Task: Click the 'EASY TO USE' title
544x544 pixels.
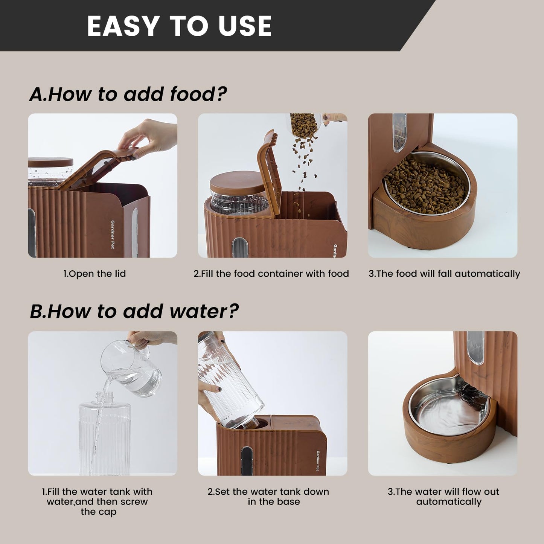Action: point(179,26)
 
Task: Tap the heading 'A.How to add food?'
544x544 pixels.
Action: point(128,94)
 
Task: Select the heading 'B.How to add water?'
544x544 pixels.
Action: point(134,311)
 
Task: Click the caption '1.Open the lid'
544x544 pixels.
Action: point(94,274)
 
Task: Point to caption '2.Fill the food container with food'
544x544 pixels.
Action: point(271,274)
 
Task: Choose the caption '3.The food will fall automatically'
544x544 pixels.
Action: point(444,274)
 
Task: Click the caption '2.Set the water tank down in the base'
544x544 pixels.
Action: point(268,497)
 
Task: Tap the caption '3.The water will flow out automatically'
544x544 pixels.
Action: point(443,497)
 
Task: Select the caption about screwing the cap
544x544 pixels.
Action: point(97,501)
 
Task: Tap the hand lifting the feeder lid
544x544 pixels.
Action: point(149,136)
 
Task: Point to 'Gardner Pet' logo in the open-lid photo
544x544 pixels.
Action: point(112,234)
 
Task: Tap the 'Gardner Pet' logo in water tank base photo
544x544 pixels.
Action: point(318,460)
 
